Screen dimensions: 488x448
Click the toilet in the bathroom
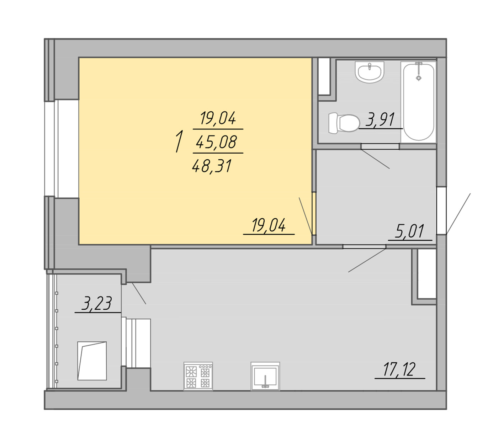(x=344, y=123)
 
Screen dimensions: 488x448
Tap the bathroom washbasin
(x=369, y=72)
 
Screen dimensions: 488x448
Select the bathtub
(x=418, y=102)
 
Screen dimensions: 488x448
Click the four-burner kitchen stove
(x=198, y=376)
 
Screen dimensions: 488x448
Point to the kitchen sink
(x=265, y=376)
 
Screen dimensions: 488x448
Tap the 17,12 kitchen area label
(x=399, y=369)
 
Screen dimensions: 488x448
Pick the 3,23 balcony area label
(x=97, y=303)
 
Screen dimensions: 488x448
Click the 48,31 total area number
(x=212, y=166)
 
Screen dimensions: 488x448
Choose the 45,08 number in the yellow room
(x=216, y=142)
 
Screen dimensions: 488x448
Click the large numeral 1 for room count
(x=179, y=142)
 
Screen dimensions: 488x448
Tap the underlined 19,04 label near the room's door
(x=269, y=225)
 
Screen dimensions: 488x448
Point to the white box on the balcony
(x=92, y=361)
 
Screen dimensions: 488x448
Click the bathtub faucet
(x=418, y=71)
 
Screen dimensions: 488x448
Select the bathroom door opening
(x=380, y=146)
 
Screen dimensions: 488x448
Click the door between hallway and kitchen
(x=364, y=246)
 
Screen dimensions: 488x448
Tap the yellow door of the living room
(x=314, y=213)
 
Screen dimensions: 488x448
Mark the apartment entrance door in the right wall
(x=441, y=210)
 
